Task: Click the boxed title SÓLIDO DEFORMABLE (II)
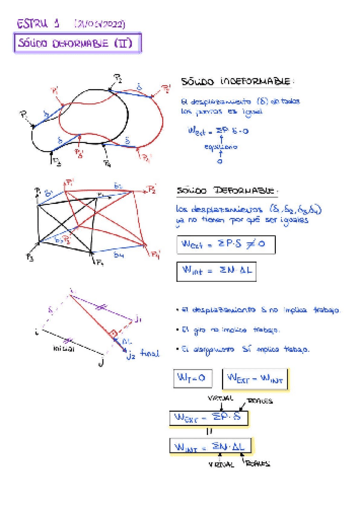pyautogui.click(x=78, y=44)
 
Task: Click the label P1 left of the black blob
pyautogui.click(x=25, y=114)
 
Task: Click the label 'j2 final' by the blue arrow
pyautogui.click(x=139, y=354)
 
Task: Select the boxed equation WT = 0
pyautogui.click(x=191, y=379)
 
